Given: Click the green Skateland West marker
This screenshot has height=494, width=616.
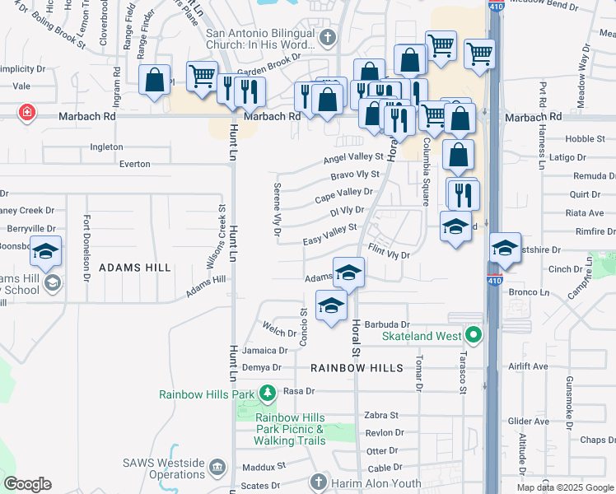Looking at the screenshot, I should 473,335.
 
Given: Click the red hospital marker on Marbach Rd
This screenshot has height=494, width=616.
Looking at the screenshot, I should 28,113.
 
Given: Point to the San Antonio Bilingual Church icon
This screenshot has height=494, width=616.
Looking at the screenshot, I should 328,37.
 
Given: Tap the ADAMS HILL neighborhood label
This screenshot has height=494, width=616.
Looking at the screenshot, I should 135,268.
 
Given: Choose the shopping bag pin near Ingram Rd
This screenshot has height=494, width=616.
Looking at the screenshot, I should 154,81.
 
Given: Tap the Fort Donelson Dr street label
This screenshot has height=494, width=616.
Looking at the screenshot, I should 86,248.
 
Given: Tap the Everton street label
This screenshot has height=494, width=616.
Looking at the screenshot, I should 135,164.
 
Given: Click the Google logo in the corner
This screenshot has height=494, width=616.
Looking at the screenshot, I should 27,484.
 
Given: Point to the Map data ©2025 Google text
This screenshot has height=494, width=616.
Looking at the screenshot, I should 564,487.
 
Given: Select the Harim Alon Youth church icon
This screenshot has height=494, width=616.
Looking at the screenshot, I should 319,482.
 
